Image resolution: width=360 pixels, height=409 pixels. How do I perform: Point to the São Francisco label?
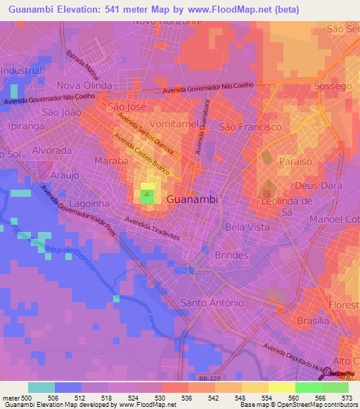250,127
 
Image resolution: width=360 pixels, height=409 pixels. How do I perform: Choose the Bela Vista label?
247,227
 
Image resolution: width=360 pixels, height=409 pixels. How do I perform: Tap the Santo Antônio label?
212,302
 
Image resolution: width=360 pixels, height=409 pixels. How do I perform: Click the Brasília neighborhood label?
313,320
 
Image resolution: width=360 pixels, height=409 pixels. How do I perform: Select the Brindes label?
233,254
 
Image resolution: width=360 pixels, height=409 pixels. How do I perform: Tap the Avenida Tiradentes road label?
152,228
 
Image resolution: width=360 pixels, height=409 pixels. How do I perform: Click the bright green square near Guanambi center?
147,197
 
